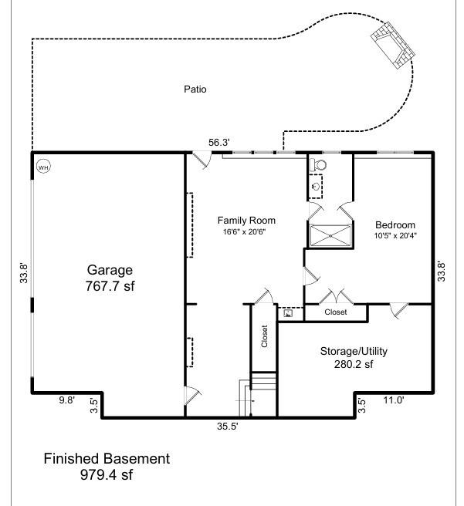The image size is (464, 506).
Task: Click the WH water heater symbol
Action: tap(43, 167)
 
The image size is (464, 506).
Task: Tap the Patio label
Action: tap(195, 89)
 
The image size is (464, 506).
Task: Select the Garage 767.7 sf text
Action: tap(110, 278)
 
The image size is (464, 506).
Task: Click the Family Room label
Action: tap(246, 221)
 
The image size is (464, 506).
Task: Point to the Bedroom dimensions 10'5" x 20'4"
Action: tap(395, 235)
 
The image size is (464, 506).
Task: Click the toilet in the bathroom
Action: tap(318, 165)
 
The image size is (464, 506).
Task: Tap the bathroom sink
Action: tap(316, 186)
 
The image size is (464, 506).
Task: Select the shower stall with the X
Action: tap(330, 236)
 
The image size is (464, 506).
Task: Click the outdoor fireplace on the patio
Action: tap(393, 45)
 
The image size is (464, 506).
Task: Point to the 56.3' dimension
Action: tap(219, 142)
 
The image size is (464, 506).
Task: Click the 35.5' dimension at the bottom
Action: tap(227, 427)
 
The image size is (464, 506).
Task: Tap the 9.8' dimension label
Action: tap(66, 400)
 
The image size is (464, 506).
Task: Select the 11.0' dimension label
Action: tap(394, 400)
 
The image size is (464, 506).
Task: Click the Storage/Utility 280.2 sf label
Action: tap(354, 358)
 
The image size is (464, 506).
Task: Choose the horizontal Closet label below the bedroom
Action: tap(336, 312)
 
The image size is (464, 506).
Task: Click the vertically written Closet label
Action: tap(265, 336)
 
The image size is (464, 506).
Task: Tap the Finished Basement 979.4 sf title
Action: tap(107, 467)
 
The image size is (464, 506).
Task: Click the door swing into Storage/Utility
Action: tap(398, 310)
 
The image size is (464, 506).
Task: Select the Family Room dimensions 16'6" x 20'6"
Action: tap(244, 231)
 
